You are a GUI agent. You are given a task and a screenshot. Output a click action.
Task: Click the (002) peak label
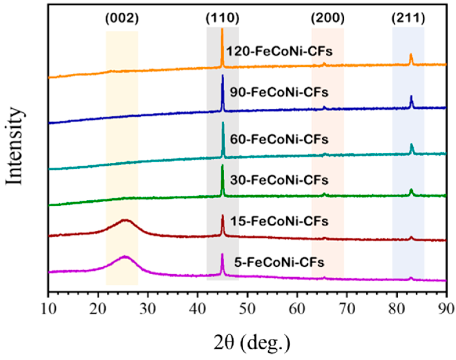[122, 19]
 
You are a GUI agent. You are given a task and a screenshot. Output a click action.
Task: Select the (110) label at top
[222, 19]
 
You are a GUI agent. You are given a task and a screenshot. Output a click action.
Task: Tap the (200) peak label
[328, 19]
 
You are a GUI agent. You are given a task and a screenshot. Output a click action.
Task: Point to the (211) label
[408, 19]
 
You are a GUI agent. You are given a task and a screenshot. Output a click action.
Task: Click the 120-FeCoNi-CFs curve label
[279, 52]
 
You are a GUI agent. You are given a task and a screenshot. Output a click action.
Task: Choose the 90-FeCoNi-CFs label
[279, 93]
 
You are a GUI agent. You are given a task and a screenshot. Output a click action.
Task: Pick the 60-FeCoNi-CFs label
[279, 140]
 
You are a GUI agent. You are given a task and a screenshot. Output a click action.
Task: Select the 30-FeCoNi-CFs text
[279, 180]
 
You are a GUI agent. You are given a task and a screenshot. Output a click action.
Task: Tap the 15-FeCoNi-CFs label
[279, 222]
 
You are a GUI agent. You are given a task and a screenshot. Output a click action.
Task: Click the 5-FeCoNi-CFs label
[279, 263]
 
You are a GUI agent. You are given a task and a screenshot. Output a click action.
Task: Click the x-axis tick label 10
[48, 309]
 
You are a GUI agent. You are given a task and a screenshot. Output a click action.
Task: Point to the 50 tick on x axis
[247, 309]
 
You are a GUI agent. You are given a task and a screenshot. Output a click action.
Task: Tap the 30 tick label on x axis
[148, 309]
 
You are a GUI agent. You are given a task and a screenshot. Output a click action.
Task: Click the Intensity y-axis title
[15, 146]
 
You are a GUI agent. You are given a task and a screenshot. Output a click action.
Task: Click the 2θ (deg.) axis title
[252, 343]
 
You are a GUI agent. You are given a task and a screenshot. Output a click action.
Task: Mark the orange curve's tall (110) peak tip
[222, 29]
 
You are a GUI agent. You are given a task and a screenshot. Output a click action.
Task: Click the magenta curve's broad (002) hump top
[124, 257]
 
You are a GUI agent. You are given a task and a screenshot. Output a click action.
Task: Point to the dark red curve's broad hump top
[125, 220]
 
